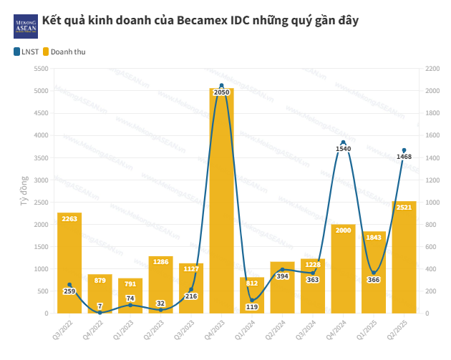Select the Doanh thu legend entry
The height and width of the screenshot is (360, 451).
[69, 52]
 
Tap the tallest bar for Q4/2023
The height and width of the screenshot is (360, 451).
[221, 200]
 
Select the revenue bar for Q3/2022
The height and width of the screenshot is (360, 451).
[69, 263]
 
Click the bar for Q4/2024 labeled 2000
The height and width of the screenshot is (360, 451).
[343, 268]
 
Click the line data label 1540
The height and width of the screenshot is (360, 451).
[344, 149]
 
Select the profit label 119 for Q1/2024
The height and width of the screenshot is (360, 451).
[252, 307]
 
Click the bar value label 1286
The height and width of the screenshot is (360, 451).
[160, 262]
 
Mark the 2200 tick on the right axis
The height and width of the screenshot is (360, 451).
[432, 69]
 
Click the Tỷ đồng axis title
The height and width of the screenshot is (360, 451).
[24, 191]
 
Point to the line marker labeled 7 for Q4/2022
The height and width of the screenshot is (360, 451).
[100, 312]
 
